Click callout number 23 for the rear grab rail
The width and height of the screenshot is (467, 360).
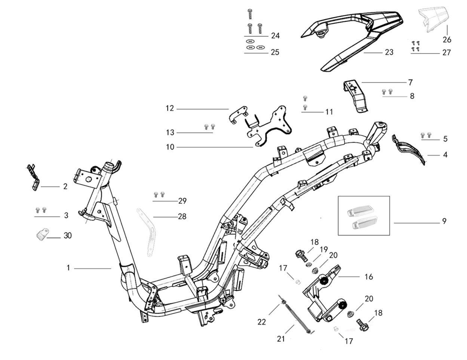click(x=389, y=52)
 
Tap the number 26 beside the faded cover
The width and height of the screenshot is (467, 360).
click(x=447, y=40)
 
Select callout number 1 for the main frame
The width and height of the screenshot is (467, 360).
click(x=68, y=268)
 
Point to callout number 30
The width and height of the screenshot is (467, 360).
click(x=68, y=236)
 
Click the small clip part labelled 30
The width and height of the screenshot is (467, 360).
click(x=42, y=234)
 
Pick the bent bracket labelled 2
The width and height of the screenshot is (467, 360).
click(x=34, y=177)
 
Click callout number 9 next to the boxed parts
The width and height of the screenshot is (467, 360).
click(x=445, y=221)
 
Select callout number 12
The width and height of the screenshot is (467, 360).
click(x=170, y=108)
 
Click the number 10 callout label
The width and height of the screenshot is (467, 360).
click(x=170, y=147)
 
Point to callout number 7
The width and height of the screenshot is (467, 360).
click(x=411, y=83)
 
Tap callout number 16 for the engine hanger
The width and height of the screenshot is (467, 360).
click(x=369, y=277)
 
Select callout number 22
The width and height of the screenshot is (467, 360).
click(x=262, y=322)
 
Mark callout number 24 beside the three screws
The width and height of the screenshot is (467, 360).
click(x=275, y=36)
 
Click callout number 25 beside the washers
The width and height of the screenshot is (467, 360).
click(x=275, y=52)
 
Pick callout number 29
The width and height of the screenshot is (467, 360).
click(x=182, y=201)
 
